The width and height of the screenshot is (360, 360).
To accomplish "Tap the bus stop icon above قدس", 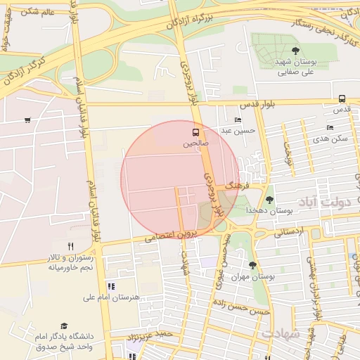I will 342,98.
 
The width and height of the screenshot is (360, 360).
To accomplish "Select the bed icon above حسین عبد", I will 238,120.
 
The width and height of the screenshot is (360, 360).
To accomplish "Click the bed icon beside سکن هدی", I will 330,127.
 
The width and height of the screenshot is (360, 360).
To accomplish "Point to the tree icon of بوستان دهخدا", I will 269,200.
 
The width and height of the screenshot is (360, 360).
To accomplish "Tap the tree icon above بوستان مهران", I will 252,265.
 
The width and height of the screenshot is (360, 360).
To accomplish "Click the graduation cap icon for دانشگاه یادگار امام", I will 64,326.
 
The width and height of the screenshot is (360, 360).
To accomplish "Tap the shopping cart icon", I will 27,120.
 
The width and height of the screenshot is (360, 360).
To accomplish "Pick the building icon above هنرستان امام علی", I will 111,286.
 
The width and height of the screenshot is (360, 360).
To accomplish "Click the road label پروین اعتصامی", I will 173,233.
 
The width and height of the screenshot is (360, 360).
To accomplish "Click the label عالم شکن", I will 39,12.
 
